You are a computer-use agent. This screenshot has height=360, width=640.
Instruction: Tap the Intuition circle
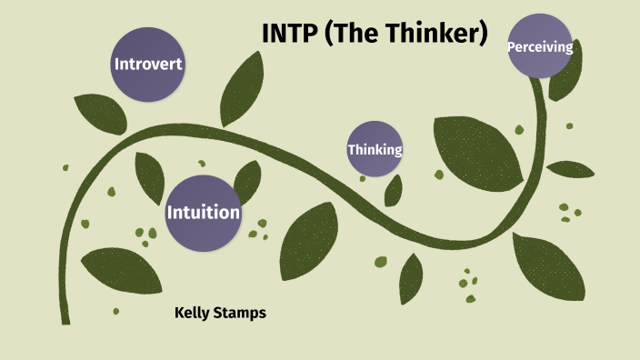[x=203, y=213]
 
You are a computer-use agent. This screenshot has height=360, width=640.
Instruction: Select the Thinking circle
[x=375, y=149]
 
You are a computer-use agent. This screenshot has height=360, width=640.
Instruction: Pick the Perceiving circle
[x=540, y=46]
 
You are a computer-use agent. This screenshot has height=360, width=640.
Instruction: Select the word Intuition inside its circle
[x=203, y=213]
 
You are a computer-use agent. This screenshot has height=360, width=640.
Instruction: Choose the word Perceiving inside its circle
[x=540, y=46]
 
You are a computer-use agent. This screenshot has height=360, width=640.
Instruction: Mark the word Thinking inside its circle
[x=375, y=149]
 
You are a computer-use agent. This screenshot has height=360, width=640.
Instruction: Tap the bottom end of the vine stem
[x=65, y=318]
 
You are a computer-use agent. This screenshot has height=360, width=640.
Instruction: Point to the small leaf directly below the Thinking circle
[x=394, y=190]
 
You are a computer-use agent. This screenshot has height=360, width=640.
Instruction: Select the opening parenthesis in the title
[x=328, y=34]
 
